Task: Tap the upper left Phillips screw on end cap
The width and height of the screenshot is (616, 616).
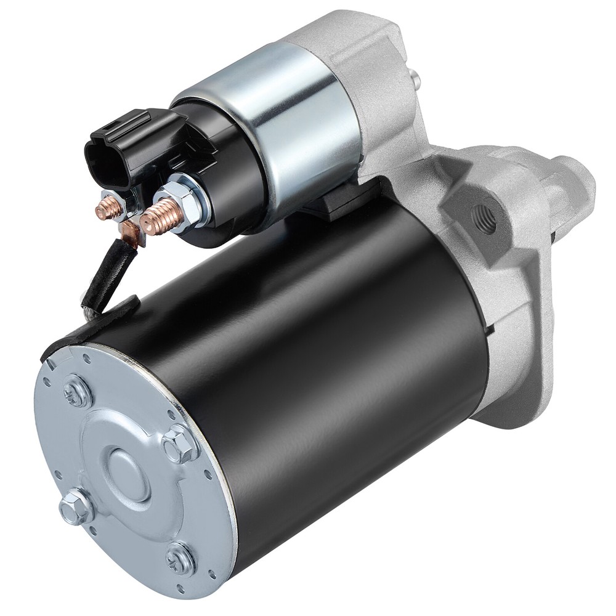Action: coord(78,391)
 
